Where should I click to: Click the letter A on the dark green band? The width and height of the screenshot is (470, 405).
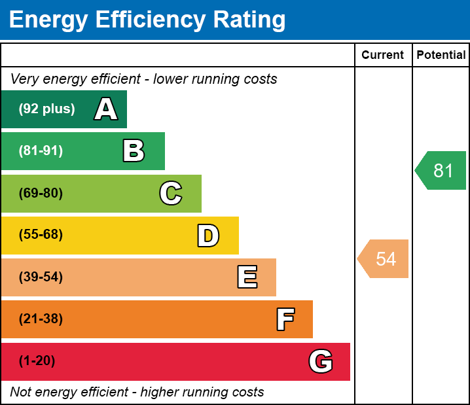click(x=106, y=109)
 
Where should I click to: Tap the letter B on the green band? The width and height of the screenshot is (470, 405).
click(x=134, y=151)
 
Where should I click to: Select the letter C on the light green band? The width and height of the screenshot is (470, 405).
click(x=171, y=193)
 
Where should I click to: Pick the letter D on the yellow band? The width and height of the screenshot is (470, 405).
click(x=208, y=236)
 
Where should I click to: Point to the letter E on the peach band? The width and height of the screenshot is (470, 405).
click(x=247, y=277)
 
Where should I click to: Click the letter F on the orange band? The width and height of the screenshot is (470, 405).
click(x=285, y=319)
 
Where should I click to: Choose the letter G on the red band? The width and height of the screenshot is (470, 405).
click(x=321, y=361)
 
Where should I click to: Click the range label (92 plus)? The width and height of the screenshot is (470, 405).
click(x=46, y=109)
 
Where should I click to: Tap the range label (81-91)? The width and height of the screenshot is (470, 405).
click(x=41, y=151)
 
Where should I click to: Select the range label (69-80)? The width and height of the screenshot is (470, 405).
click(x=41, y=193)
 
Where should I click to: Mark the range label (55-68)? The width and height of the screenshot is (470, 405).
click(x=41, y=235)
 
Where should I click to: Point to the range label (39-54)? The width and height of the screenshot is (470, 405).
click(x=41, y=277)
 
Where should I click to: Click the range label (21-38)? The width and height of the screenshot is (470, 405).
click(x=41, y=319)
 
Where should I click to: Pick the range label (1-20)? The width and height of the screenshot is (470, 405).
click(x=37, y=361)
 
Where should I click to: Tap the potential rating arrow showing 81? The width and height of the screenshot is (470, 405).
click(x=442, y=171)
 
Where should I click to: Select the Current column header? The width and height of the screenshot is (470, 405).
click(x=383, y=56)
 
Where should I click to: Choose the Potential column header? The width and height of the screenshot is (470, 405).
click(x=441, y=56)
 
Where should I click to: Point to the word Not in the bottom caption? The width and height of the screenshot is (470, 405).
click(x=20, y=393)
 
